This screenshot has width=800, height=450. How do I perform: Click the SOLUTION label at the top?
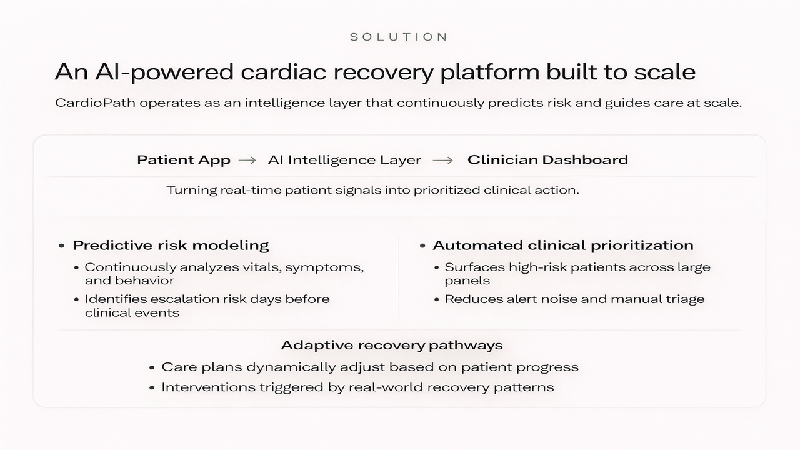[x=399, y=37]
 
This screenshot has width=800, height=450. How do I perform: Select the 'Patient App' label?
[x=184, y=160]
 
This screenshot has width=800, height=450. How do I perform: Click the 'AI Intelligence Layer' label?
[x=344, y=160]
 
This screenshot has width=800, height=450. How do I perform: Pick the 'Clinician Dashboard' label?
[x=547, y=160]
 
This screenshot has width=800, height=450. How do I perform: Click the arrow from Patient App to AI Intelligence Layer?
[x=247, y=160]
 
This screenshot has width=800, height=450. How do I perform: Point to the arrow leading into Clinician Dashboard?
[x=442, y=160]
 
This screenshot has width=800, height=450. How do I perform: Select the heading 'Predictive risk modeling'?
[x=171, y=246]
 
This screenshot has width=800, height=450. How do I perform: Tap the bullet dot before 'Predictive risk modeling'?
[x=61, y=246]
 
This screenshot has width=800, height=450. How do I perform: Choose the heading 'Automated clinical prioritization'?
[x=562, y=246]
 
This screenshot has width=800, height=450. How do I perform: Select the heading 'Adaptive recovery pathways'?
[x=392, y=345]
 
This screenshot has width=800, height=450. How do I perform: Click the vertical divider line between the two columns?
[x=399, y=275]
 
